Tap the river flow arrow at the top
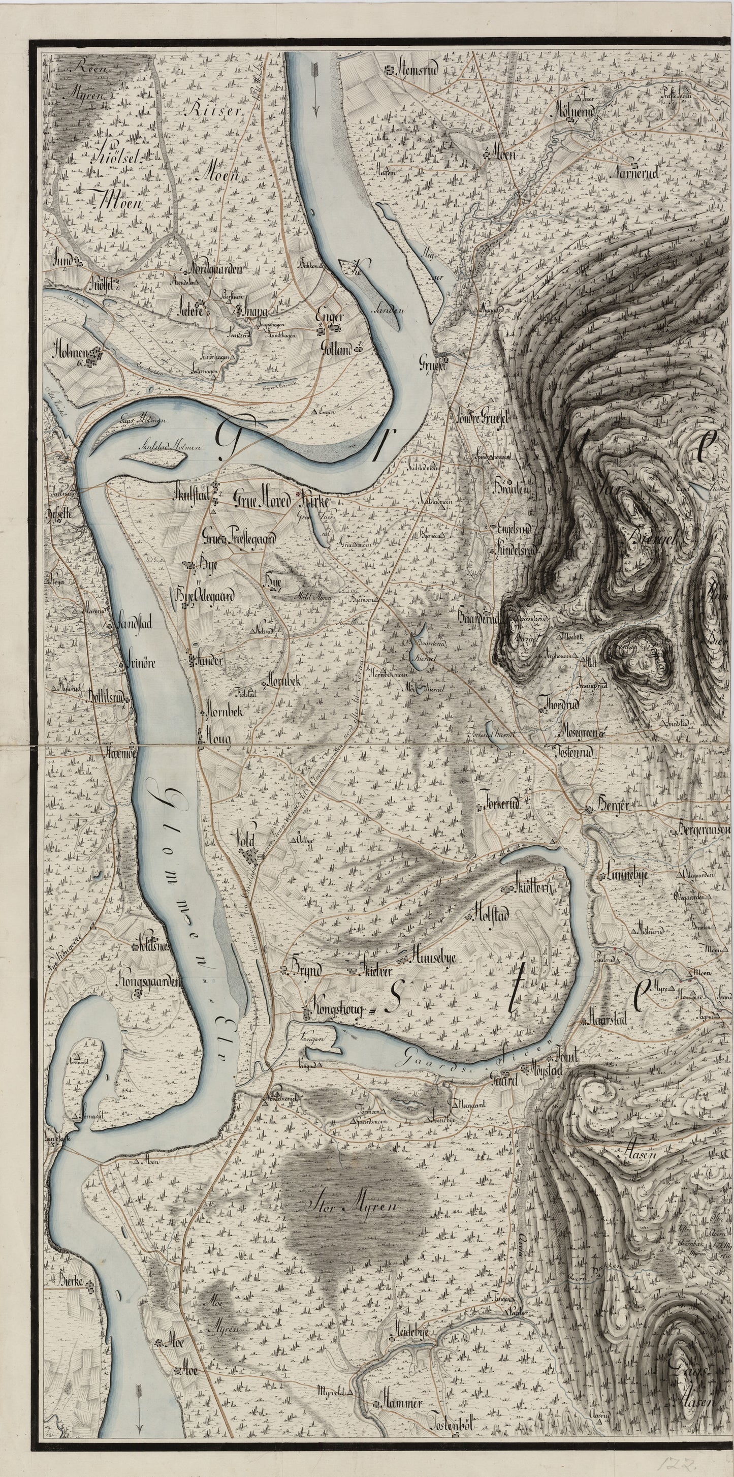coord(314,89)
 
